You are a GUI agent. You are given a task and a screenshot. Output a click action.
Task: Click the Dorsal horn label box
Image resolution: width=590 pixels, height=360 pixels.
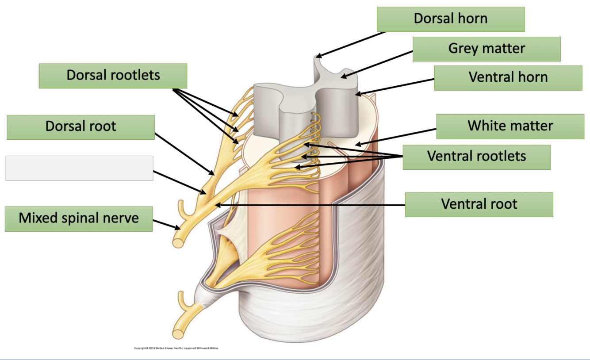[450, 19]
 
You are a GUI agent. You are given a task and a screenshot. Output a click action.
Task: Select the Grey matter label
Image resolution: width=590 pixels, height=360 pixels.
[487, 49]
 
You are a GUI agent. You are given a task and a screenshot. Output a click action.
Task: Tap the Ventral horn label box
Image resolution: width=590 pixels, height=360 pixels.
[508, 78]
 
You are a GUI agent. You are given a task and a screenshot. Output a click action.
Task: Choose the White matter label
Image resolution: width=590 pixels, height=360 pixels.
[510, 126]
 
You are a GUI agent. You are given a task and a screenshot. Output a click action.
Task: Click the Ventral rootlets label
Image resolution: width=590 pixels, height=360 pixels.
[476, 157]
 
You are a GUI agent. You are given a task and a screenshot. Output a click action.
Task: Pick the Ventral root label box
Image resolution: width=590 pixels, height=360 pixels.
[479, 204]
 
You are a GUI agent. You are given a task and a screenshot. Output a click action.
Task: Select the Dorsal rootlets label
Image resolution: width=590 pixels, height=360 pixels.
[113, 76]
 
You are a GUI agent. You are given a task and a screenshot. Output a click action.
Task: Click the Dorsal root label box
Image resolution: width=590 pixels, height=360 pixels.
[80, 127]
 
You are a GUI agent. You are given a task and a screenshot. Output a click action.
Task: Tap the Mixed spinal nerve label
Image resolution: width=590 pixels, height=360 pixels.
[78, 218]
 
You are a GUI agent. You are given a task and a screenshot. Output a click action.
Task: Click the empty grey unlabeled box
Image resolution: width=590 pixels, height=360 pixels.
[79, 168]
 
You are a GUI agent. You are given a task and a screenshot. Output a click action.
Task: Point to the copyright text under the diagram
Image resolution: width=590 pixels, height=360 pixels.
[176, 348]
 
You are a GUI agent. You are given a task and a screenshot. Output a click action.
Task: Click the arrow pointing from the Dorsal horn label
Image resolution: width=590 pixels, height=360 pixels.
[349, 44]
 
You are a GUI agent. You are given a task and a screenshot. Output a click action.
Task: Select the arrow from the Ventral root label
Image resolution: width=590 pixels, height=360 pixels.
[310, 205]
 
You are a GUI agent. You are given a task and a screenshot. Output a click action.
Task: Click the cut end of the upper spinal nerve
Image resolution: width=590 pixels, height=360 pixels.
[179, 241]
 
